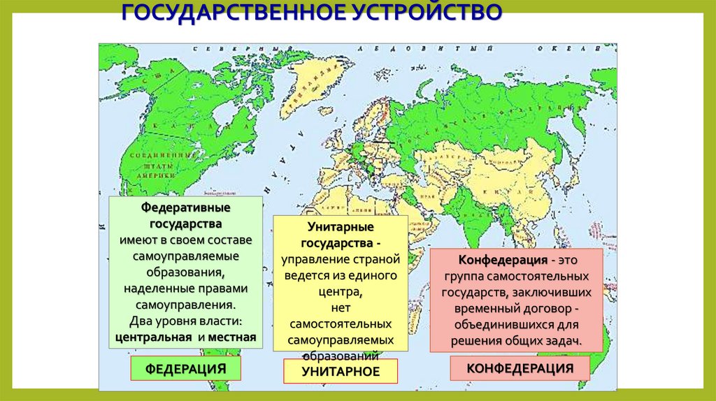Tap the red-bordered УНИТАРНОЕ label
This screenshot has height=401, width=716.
(x=341, y=372)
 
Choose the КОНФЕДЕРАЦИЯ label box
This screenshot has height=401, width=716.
(x=520, y=368)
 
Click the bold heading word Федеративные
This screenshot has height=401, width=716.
(x=186, y=208)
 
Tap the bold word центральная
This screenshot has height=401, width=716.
(x=153, y=337)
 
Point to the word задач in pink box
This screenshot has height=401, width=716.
(x=565, y=340)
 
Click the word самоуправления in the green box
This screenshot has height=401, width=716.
(x=185, y=305)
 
